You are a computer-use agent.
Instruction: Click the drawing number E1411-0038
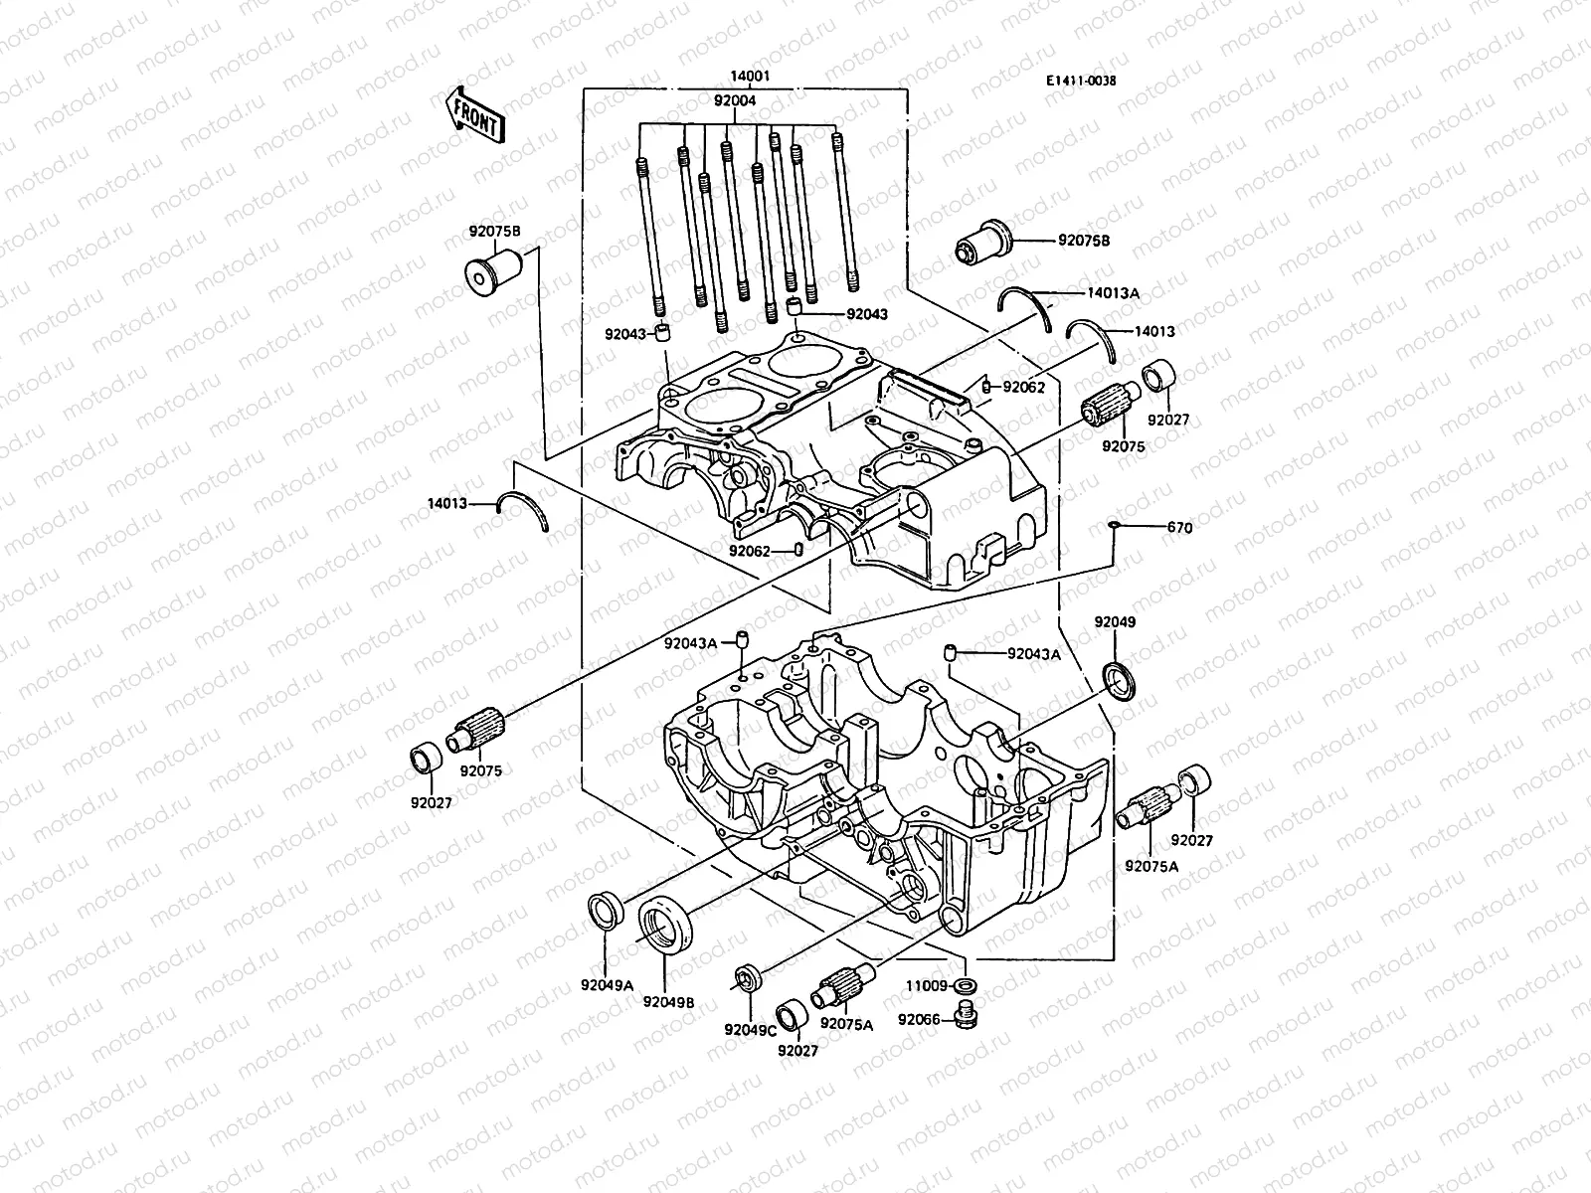point(1080,82)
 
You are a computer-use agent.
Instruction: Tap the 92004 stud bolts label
point(735,99)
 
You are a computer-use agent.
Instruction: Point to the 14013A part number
point(1113,292)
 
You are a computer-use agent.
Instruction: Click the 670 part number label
point(1179,528)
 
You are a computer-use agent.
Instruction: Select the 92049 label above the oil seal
point(1115,622)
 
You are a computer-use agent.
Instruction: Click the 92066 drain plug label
point(922,1019)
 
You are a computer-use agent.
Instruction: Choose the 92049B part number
point(667,1001)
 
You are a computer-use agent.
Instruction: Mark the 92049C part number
point(750,1030)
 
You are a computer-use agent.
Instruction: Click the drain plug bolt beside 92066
point(963,1017)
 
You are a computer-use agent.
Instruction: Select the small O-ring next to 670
point(1115,526)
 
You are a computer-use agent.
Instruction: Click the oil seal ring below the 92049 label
point(1126,680)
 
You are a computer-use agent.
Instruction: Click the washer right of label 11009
point(963,985)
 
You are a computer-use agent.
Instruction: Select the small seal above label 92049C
point(747,978)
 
